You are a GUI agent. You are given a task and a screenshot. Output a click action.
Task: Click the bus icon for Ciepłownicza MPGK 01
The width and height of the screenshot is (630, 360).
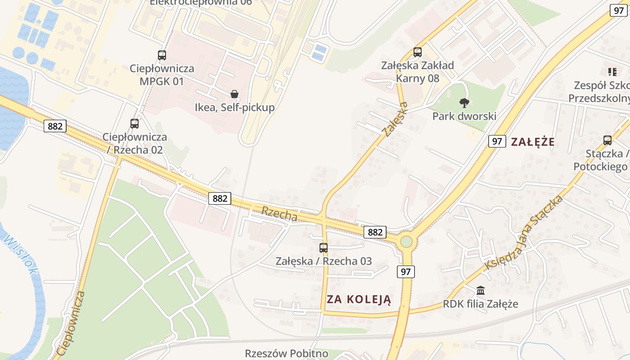point(162,55)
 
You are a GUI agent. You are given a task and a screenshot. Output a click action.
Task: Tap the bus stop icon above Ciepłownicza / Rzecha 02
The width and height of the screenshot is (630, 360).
point(134,123)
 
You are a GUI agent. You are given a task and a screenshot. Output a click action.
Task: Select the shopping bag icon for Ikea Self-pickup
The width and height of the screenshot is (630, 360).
point(234,94)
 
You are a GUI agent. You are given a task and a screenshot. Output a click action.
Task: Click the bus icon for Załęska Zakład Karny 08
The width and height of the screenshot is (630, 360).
point(417,52)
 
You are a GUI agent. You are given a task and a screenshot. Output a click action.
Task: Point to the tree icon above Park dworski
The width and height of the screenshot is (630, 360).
point(464,103)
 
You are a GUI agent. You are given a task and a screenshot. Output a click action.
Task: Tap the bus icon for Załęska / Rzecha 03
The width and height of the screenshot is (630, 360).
point(324,247)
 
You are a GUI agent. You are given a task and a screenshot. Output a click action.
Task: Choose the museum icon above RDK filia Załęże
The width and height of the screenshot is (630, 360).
point(480,290)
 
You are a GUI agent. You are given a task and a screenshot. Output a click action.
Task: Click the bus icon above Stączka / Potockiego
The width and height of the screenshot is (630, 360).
point(607,140)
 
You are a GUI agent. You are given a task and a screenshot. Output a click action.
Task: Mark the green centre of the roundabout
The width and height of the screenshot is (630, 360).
point(406,242)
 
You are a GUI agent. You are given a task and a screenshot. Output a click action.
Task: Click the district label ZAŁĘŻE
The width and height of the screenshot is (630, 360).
point(533,142)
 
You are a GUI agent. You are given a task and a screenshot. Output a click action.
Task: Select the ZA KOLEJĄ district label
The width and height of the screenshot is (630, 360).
point(359,299)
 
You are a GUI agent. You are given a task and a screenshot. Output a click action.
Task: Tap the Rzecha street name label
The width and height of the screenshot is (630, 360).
point(279,213)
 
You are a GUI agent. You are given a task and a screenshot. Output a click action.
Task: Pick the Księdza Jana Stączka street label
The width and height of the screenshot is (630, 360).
point(524,233)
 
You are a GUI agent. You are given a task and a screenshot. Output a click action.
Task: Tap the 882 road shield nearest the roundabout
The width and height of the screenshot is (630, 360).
point(375,232)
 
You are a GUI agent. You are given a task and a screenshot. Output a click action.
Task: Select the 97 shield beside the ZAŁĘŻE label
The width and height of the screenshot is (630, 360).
point(496,141)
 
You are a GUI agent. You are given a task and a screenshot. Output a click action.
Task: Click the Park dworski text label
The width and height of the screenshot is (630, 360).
point(464,116)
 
